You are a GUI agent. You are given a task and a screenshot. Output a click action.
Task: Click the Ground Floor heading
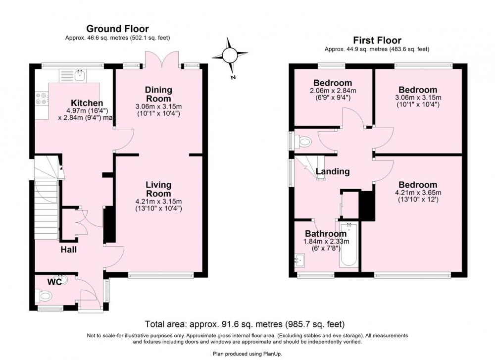tap(117, 29)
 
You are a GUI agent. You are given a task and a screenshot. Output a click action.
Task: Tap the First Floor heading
tap(377, 41)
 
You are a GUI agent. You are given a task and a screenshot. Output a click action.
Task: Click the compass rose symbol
tap(230, 56)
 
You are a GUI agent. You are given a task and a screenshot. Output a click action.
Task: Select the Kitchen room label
tap(87, 103)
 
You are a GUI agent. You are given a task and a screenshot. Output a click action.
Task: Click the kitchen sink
tap(80, 75)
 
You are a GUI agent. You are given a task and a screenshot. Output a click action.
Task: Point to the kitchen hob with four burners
tap(42, 98)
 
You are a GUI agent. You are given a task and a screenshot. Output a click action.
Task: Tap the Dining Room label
tap(158, 94)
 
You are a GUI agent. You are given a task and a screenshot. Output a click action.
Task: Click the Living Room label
tap(158, 189)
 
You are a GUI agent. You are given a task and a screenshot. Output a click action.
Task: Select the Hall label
tap(68, 250)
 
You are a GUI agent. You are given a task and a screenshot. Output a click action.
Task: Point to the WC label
tap(54, 282)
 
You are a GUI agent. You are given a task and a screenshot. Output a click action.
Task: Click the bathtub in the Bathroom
tap(349, 246)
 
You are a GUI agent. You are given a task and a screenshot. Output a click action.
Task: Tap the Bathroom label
tap(326, 234)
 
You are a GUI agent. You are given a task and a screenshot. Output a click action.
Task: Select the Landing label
tap(333, 171)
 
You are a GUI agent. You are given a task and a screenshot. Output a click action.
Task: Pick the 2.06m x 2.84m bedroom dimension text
tap(333, 91)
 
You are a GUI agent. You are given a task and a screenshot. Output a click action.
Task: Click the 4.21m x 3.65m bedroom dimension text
tap(418, 193)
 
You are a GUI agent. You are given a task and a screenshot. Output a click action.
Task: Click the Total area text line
tap(245, 324)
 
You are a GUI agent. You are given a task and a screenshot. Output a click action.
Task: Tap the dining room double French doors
tap(162, 59)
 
